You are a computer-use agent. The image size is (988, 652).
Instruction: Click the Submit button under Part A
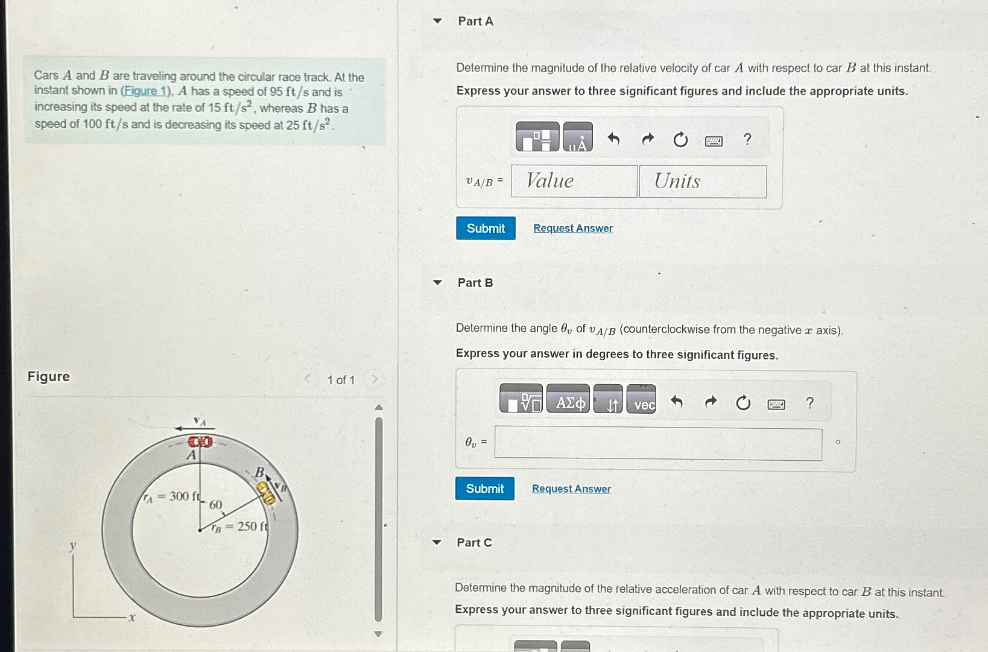486,229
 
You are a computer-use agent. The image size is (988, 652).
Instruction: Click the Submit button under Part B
484,489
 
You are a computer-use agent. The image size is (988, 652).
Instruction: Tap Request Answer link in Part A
572,229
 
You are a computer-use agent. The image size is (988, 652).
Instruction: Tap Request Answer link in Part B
571,489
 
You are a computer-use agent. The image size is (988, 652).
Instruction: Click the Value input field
574,181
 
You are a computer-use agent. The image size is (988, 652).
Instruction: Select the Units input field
702,182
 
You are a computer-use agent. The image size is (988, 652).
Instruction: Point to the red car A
200,442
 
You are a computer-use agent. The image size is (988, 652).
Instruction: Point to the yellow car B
266,493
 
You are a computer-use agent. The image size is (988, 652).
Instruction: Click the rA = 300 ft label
171,496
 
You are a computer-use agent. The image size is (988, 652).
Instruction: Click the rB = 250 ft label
239,527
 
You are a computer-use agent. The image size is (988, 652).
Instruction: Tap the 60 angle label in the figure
215,505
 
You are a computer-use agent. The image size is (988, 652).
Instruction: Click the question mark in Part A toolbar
747,140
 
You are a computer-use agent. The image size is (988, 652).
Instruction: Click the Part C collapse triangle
437,542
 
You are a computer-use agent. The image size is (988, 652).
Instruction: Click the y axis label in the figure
72,546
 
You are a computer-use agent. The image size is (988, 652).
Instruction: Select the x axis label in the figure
132,617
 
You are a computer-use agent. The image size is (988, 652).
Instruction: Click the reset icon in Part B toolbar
743,403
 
